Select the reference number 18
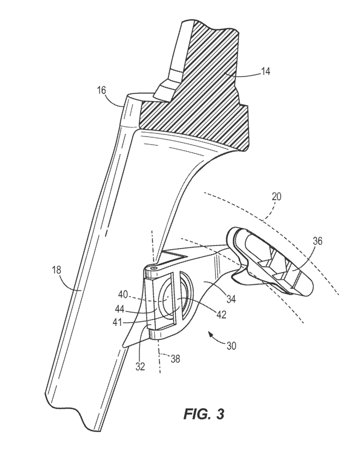(x=56, y=270)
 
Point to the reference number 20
(x=277, y=197)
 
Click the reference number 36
(x=316, y=241)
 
